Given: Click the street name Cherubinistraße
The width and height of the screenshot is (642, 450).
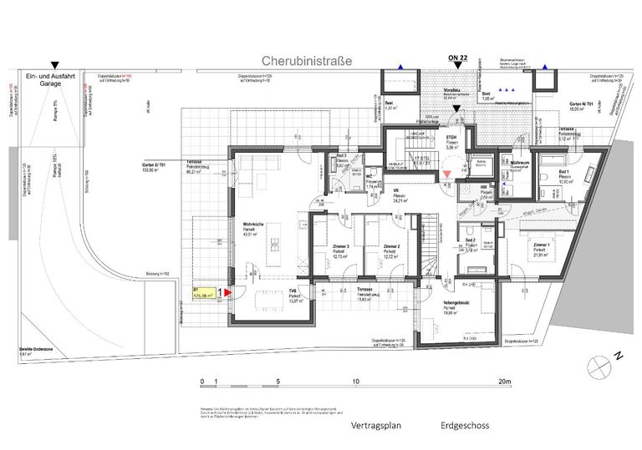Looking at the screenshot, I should tap(307, 61).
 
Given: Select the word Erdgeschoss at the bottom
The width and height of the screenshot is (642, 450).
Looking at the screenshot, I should tap(466, 425).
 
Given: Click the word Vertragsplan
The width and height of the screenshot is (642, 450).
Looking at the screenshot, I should tap(373, 425).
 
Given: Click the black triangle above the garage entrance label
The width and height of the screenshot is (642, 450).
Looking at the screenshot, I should tap(55, 64).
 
